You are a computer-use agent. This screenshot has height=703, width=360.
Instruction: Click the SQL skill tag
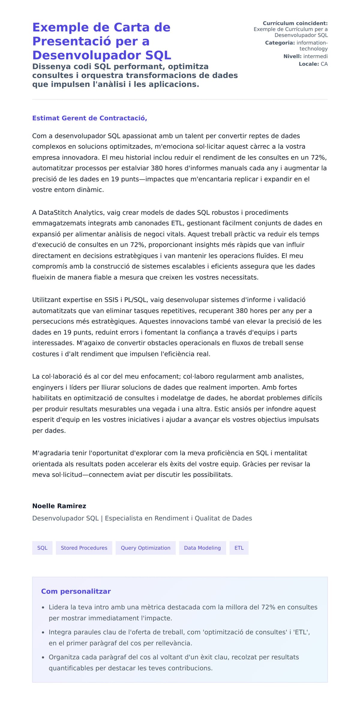[x=42, y=548]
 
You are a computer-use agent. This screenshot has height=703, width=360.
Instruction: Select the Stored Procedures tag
[x=84, y=548]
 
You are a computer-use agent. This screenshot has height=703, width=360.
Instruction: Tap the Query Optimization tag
[x=145, y=548]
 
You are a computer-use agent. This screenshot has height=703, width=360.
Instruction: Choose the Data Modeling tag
[x=202, y=548]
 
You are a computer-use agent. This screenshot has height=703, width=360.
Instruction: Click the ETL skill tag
[x=239, y=548]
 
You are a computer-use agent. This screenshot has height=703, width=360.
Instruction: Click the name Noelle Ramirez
[x=59, y=506]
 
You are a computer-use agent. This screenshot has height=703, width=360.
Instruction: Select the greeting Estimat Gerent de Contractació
[x=89, y=118]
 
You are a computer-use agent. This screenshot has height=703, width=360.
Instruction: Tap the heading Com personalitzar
[x=76, y=591]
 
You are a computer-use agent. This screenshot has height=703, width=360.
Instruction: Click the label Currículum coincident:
[x=295, y=23]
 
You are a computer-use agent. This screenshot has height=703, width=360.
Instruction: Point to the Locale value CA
[x=324, y=64]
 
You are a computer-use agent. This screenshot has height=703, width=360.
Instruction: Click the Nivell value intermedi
[x=315, y=56]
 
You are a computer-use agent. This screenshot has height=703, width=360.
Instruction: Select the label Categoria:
[x=280, y=43]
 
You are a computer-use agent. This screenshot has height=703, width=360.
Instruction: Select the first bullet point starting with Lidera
[x=183, y=612]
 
